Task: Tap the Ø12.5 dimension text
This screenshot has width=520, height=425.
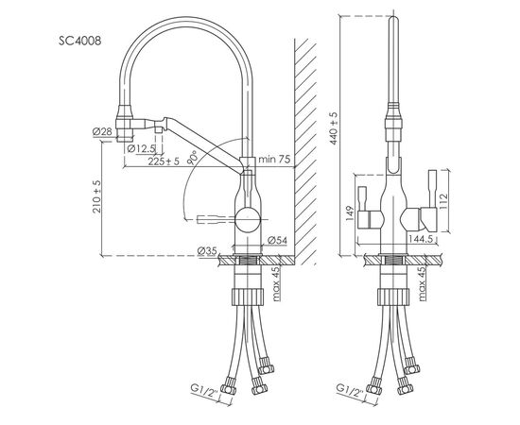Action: pyautogui.click(x=143, y=147)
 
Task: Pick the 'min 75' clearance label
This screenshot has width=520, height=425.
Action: pyautogui.click(x=275, y=159)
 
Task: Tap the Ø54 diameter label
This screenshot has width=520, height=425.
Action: pyautogui.click(x=276, y=240)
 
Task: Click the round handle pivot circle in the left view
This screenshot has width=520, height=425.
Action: pyautogui.click(x=249, y=216)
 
